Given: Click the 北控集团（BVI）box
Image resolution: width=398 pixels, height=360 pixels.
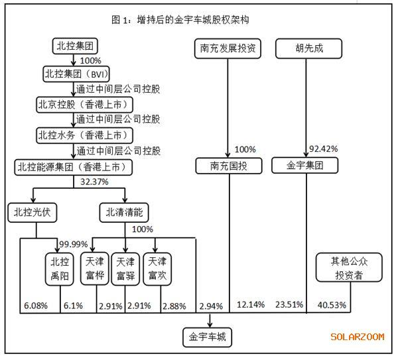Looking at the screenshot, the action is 76,74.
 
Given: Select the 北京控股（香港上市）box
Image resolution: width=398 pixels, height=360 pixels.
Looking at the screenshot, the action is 84,105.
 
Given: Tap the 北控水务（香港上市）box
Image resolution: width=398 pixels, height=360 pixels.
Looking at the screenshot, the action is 84,135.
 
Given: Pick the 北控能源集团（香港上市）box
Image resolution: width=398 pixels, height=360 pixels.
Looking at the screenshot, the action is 74,167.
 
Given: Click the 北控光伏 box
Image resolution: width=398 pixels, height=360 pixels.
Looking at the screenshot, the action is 33,213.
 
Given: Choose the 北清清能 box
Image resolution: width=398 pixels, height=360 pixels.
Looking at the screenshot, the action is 124,213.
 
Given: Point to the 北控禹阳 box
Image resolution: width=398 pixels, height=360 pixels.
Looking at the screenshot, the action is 60,269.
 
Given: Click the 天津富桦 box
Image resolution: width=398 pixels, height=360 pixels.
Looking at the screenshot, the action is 95,269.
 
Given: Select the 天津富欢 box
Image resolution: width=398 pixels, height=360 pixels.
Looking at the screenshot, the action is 157,269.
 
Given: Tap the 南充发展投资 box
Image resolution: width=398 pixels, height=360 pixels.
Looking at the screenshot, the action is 228,48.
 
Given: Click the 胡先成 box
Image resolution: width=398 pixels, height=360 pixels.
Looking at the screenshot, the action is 309,48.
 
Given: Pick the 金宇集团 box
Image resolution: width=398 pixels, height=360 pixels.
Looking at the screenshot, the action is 305,166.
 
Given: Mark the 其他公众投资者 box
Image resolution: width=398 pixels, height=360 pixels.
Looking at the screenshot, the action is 349,267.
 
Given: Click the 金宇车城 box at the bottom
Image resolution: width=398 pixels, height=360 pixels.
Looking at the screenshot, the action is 208,337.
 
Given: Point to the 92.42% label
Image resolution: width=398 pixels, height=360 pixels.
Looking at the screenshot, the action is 324,149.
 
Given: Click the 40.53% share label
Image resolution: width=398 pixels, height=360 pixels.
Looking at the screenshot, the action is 332,305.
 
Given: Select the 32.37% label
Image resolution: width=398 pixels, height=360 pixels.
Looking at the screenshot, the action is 94,182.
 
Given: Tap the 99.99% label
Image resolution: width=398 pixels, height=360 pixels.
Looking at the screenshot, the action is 74,245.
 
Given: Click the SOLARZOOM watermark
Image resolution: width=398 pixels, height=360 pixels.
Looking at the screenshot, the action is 358,337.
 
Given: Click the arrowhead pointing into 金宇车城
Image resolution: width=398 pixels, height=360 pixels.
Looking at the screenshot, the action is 210,324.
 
